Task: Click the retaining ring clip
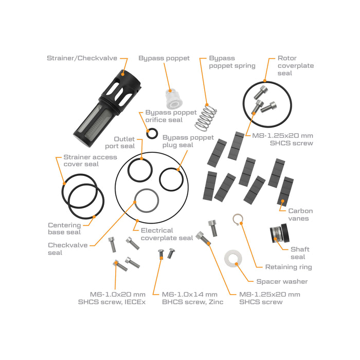pyautogui.click(x=237, y=219)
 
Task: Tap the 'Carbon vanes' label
pyautogui.click(x=300, y=214)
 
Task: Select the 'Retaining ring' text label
pyautogui.click(x=289, y=267)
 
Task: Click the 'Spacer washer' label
pyautogui.click(x=282, y=281)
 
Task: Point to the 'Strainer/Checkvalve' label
pyautogui.click(x=82, y=58)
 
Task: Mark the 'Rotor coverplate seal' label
pyautogui.click(x=295, y=66)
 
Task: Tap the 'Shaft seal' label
pyautogui.click(x=300, y=253)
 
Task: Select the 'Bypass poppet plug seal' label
pyautogui.click(x=188, y=141)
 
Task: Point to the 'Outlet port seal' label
pyautogui.click(x=124, y=143)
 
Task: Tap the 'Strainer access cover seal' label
pyautogui.click(x=90, y=160)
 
